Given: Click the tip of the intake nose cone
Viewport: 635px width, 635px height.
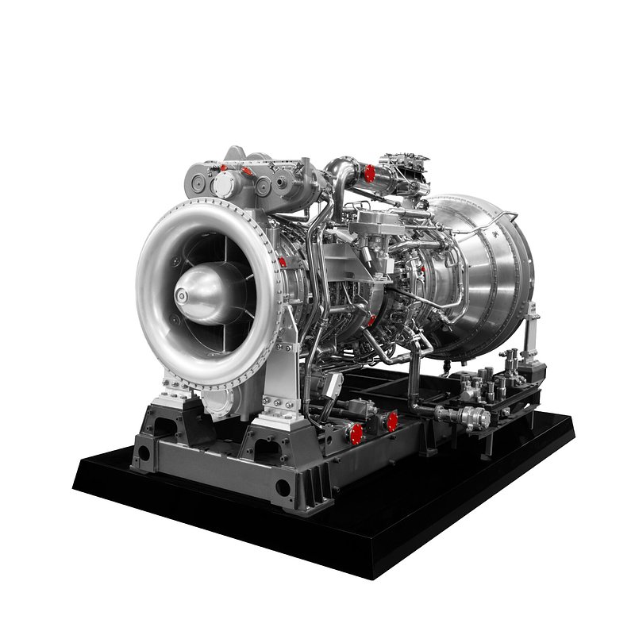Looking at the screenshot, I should point(183,296).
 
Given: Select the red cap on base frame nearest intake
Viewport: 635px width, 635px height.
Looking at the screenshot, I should point(356,433).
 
